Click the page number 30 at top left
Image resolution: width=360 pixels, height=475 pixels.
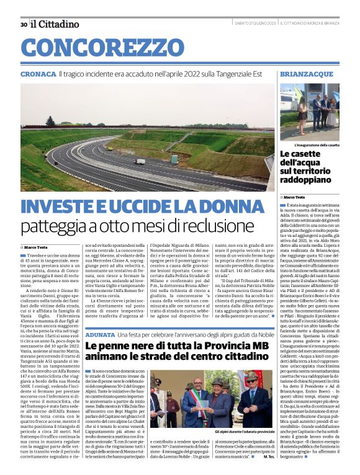click(23, 24)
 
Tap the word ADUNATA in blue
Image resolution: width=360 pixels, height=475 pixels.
click(100, 334)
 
